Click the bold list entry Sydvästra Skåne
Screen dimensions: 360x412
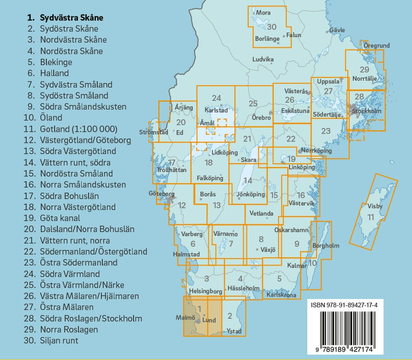[71, 18]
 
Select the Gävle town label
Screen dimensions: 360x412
[337, 30]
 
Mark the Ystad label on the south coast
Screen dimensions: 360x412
[234, 332]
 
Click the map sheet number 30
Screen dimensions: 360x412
[272, 27]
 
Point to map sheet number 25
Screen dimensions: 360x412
[253, 104]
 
